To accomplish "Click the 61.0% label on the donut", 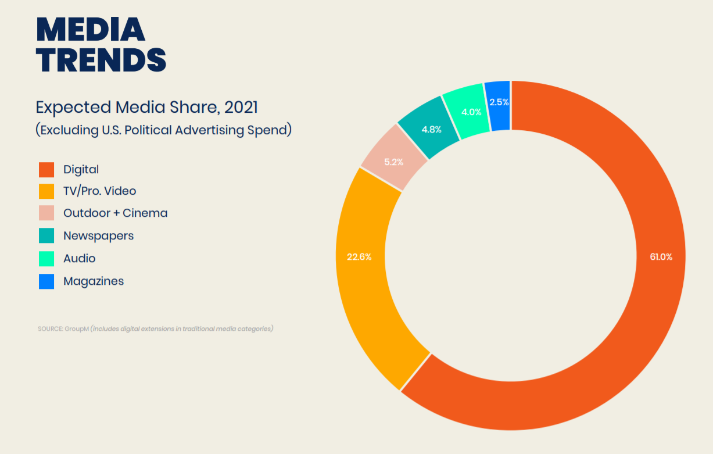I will pyautogui.click(x=661, y=257).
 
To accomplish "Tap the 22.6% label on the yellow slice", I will pyautogui.click(x=359, y=257).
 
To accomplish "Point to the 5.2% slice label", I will pyautogui.click(x=393, y=162).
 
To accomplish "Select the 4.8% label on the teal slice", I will pyautogui.click(x=431, y=130).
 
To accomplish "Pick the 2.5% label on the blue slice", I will pyautogui.click(x=499, y=102).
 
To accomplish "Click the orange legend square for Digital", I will pyautogui.click(x=46, y=169).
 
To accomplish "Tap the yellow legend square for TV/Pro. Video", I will pyautogui.click(x=46, y=191).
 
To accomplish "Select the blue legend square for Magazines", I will pyautogui.click(x=46, y=281).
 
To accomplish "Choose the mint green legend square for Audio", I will pyautogui.click(x=46, y=259).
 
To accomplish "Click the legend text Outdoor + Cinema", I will pyautogui.click(x=115, y=213).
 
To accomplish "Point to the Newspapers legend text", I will pyautogui.click(x=98, y=236).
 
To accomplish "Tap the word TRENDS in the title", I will pyautogui.click(x=101, y=60).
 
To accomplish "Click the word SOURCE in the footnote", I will pyautogui.click(x=50, y=329).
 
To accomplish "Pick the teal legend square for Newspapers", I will pyautogui.click(x=46, y=236).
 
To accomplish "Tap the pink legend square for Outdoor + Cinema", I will pyautogui.click(x=46, y=213).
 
